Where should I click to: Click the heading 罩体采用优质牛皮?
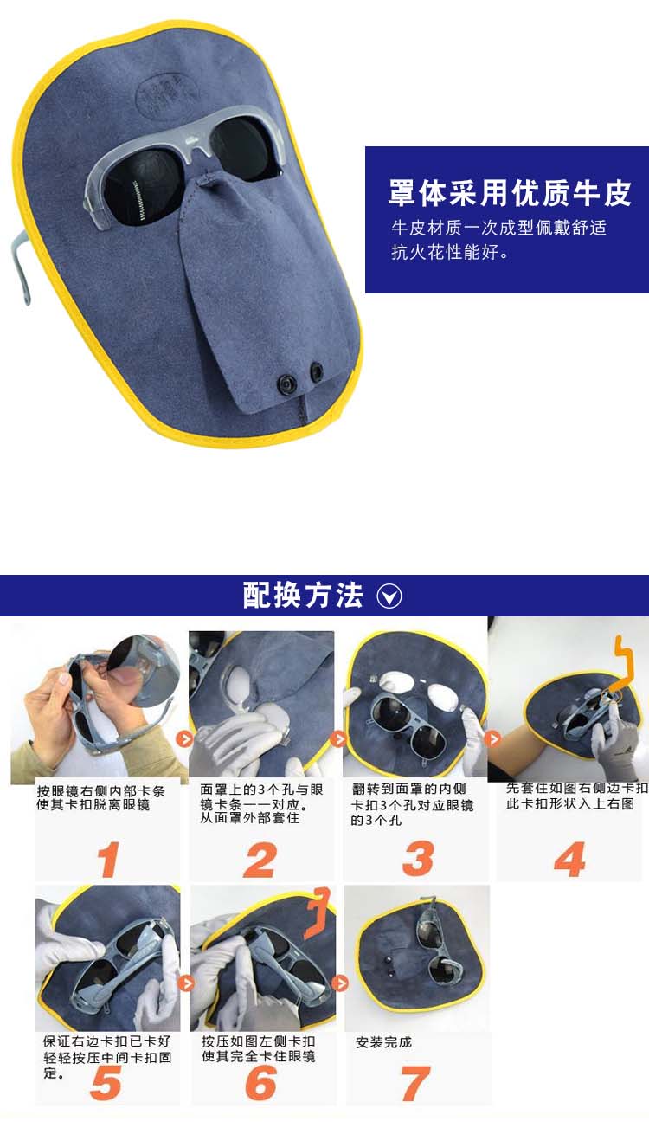click(509, 193)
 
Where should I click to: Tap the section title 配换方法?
click(303, 596)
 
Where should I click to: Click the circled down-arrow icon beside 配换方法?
click(389, 596)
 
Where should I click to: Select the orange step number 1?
click(108, 860)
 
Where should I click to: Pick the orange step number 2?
click(260, 860)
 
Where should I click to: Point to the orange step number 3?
click(418, 858)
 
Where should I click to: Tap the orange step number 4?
click(569, 859)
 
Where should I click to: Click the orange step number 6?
click(260, 1082)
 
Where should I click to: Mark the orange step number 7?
click(414, 1084)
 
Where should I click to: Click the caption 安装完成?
click(383, 1042)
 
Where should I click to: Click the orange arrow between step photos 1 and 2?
click(185, 738)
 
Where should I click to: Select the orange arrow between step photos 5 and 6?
click(186, 983)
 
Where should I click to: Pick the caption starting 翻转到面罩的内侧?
click(413, 804)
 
